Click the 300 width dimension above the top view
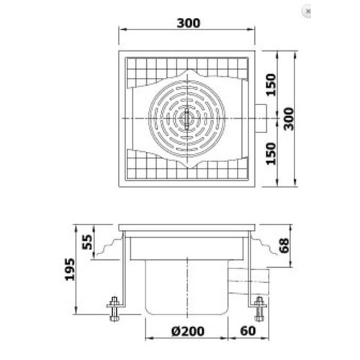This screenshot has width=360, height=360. coord(186,22)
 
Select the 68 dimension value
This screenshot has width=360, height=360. coord(285,246)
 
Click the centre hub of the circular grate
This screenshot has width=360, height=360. coord(186,117)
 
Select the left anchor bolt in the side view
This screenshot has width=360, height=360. coord(113,310)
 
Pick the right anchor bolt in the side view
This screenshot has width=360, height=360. coord(258,310)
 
